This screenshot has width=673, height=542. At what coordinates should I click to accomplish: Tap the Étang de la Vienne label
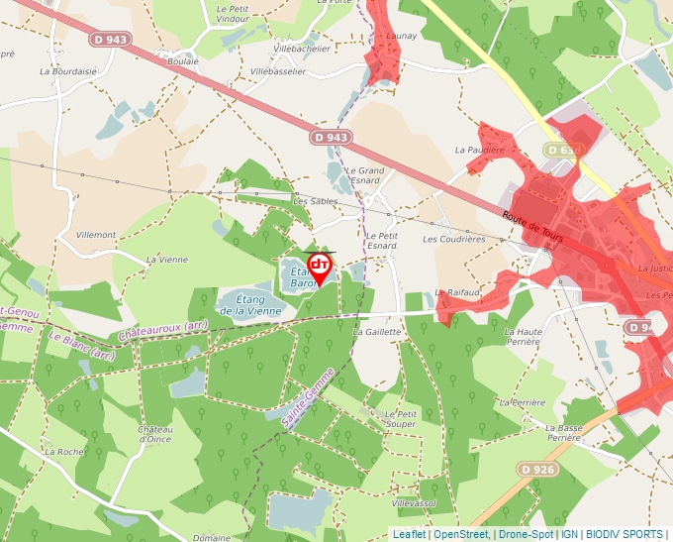point(250,305)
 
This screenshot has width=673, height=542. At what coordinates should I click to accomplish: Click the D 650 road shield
point(562,150)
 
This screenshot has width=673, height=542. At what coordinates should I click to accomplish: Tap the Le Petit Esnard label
point(381,240)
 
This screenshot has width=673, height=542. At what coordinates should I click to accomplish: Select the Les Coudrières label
point(454,239)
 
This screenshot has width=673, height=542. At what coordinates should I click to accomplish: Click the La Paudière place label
point(473,150)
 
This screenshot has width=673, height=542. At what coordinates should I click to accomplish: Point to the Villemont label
point(97,235)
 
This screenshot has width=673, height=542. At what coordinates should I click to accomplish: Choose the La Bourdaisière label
point(68,71)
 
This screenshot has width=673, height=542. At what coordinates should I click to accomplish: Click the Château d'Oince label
point(155,434)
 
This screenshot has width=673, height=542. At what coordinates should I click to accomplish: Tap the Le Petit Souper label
point(401,418)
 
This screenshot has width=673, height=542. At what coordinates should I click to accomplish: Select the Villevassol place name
point(414,503)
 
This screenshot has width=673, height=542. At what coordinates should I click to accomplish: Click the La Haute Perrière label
point(524,336)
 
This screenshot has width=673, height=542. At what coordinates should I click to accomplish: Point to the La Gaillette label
point(377,332)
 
